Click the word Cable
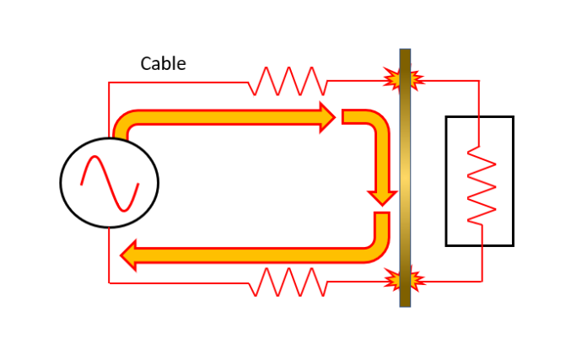[163, 63]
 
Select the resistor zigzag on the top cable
[288, 82]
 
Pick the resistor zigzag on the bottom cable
[289, 282]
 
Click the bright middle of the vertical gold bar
[405, 179]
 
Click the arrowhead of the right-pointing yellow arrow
[327, 117]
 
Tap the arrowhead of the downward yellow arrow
[381, 196]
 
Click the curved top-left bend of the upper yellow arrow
[123, 123]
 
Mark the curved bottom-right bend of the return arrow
[377, 247]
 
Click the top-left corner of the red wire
[110, 83]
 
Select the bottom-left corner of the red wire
[110, 282]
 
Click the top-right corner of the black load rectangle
[513, 117]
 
